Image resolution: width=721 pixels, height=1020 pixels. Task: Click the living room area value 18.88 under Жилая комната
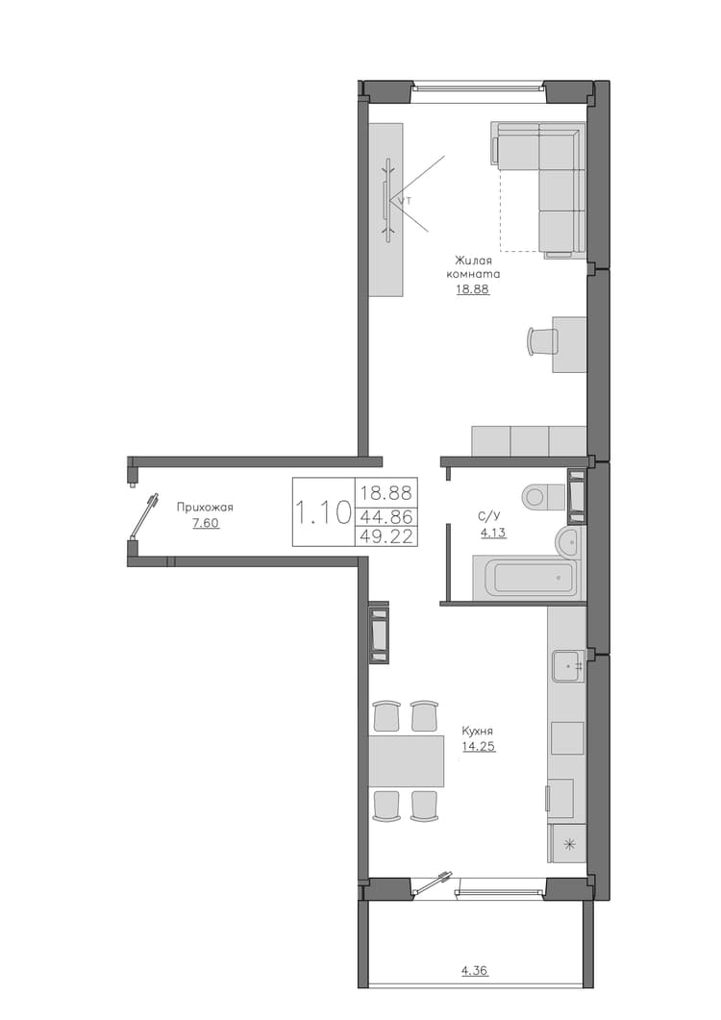(472, 289)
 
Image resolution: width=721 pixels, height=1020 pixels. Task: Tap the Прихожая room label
(205, 508)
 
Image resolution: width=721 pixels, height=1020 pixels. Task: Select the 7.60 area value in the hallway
(207, 523)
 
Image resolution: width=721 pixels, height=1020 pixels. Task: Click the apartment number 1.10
(323, 512)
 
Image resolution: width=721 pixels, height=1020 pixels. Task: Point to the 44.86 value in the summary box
(386, 516)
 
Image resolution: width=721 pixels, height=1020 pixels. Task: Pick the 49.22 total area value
(386, 535)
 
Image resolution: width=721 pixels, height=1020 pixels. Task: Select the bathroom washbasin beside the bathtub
(571, 541)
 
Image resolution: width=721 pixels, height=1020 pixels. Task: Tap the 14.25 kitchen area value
(479, 746)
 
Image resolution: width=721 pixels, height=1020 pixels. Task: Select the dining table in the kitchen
(406, 760)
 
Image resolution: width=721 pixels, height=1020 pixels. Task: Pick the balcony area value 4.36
(475, 971)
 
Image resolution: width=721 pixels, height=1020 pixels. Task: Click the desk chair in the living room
(541, 341)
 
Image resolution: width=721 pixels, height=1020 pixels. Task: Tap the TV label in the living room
(406, 201)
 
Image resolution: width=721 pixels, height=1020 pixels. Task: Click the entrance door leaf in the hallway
(144, 517)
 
